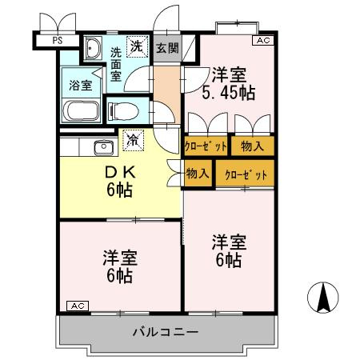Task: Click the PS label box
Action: [x=56, y=38]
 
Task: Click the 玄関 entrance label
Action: [x=167, y=47]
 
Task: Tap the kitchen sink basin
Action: [x=103, y=146]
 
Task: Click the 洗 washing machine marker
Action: [x=137, y=46]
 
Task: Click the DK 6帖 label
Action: [x=120, y=182]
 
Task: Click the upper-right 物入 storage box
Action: [x=253, y=146]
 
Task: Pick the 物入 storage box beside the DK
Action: [x=198, y=173]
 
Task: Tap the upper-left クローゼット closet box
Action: [x=206, y=146]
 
